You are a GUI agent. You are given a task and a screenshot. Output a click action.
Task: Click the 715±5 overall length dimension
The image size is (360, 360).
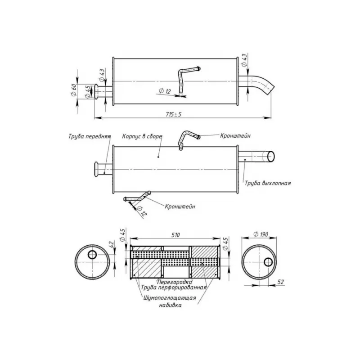point(174,114)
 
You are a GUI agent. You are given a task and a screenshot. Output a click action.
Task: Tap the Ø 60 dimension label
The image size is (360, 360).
point(74,90)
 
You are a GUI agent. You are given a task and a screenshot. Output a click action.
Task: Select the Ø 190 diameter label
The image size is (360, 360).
point(261,234)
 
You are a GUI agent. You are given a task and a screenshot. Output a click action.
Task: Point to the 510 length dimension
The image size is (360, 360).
point(175,235)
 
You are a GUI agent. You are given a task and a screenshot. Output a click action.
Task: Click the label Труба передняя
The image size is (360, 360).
point(90,136)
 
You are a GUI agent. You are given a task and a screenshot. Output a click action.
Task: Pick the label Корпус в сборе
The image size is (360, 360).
point(142,136)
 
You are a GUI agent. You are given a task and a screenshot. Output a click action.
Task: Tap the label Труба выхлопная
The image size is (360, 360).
point(268,183)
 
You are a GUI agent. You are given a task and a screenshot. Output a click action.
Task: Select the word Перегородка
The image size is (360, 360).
point(175,282)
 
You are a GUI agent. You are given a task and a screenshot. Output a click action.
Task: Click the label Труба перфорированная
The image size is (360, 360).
point(174,288)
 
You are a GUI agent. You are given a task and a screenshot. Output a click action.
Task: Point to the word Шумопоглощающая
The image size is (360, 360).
point(170,298)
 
